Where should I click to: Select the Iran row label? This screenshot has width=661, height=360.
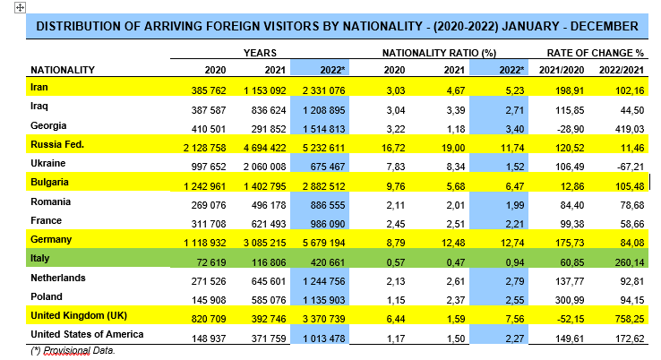pyautogui.click(x=39, y=87)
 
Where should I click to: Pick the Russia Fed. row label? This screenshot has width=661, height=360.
pyautogui.click(x=56, y=143)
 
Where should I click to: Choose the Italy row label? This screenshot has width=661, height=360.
pyautogui.click(x=39, y=258)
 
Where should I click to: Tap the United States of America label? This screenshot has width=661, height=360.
pyautogui.click(x=88, y=334)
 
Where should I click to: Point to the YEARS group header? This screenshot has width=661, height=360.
pyautogui.click(x=260, y=54)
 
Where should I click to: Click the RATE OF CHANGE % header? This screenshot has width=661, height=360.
pyautogui.click(x=596, y=54)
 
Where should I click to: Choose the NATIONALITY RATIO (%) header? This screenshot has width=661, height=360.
pyautogui.click(x=439, y=54)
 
